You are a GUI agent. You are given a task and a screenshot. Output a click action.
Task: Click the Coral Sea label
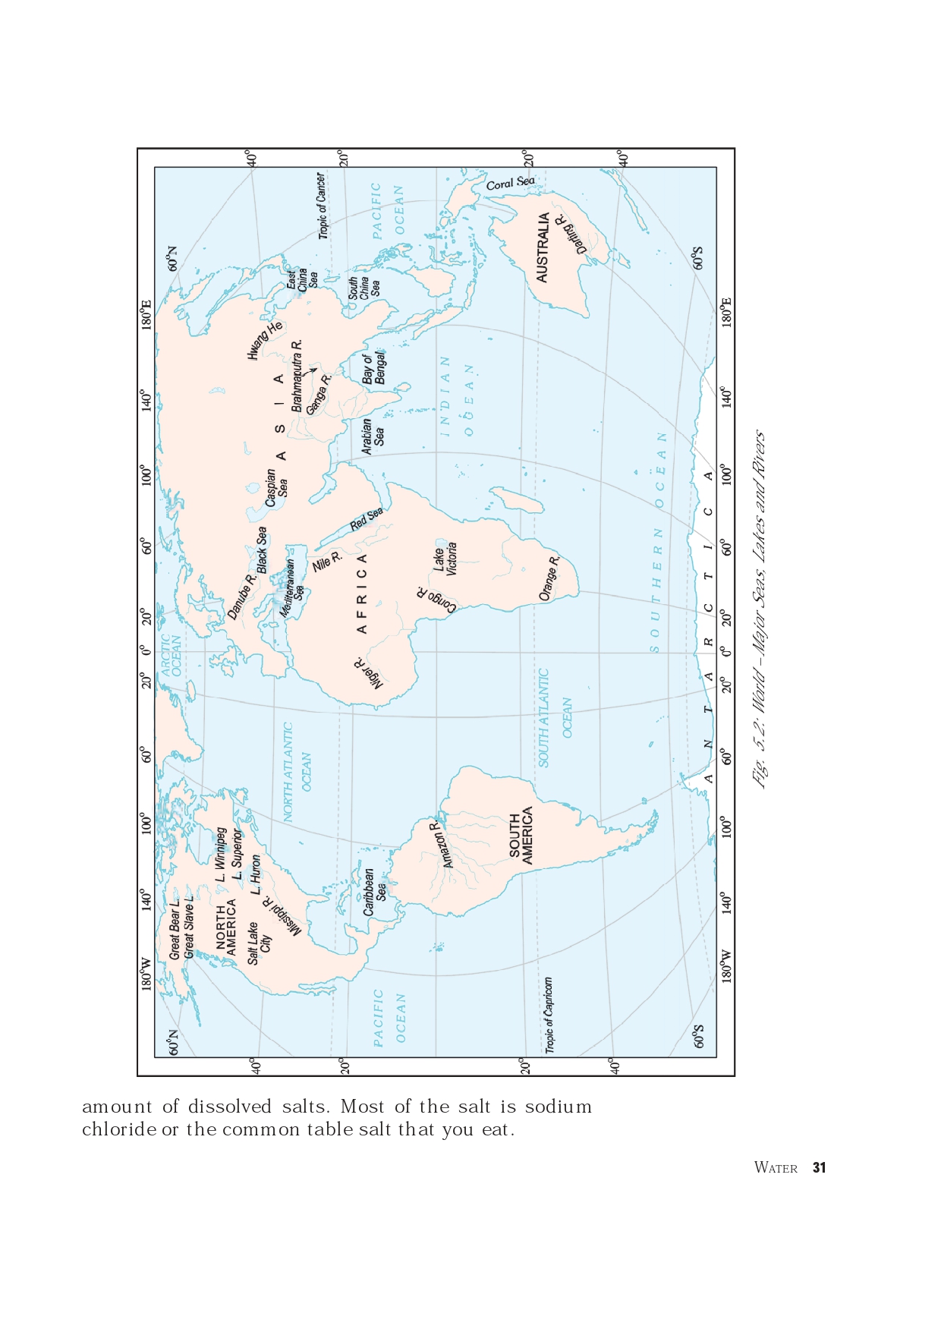pos(510,183)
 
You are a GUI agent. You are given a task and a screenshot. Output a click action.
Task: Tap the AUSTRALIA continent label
pos(543,247)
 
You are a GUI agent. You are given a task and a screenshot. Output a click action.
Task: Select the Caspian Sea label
pos(276,488)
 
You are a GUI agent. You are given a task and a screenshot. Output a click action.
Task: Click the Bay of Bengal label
pos(373,368)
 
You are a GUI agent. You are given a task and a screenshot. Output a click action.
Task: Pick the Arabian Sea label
pos(373,436)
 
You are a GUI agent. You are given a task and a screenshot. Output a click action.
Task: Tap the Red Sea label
pos(367,519)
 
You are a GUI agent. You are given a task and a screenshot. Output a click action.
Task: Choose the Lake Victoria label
pos(445,559)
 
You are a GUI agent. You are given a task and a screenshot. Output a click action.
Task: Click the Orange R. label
pos(549,578)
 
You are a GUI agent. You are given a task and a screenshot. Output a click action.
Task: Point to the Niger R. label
pos(368,672)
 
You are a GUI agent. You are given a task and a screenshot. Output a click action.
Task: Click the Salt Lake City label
pos(259,943)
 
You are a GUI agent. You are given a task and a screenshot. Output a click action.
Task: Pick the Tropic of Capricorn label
pos(549,1014)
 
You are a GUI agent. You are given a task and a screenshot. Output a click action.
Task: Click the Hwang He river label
pos(265,339)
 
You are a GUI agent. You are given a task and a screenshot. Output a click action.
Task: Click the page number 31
pos(819,1168)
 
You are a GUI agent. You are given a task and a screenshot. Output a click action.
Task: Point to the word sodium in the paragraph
pos(558,1107)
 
